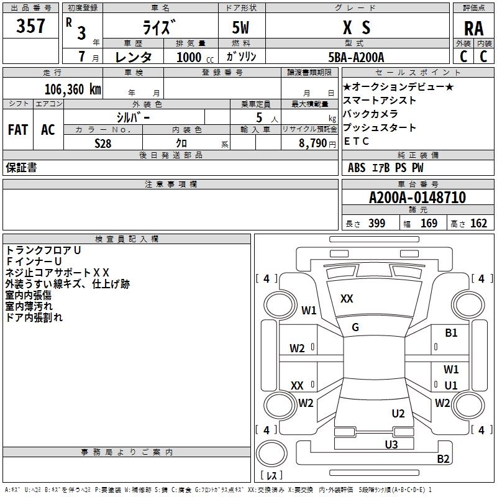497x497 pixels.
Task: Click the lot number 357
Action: [x=30, y=26]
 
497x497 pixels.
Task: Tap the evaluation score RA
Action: [x=473, y=29]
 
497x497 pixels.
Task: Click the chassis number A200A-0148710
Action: [x=417, y=198]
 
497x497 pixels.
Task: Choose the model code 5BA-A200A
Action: [x=357, y=57]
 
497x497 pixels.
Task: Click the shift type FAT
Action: [x=17, y=130]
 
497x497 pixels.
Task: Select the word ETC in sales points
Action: [x=357, y=141]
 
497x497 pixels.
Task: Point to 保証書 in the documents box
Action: [x=21, y=168]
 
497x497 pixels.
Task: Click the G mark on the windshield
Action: [x=355, y=327]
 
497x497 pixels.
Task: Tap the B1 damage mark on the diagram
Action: [x=451, y=333]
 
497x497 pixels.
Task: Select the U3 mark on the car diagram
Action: [x=391, y=444]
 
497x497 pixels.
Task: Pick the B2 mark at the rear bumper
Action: [x=443, y=459]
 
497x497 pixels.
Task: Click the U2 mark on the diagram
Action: [x=398, y=414]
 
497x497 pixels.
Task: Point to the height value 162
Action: [x=478, y=224]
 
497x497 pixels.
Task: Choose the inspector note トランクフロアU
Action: [x=43, y=250]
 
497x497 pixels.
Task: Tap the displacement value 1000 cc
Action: [x=189, y=57]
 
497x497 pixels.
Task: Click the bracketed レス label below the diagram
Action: [x=271, y=476]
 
